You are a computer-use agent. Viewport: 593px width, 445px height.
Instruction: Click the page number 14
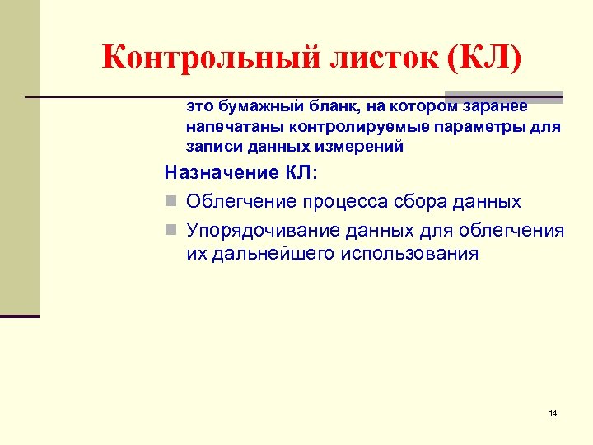(x=553, y=412)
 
